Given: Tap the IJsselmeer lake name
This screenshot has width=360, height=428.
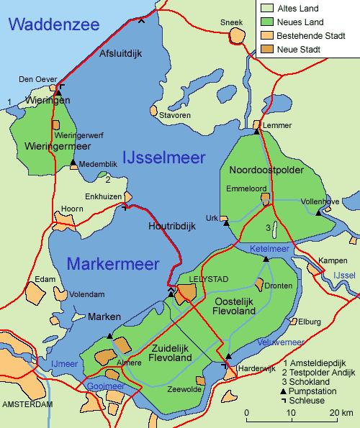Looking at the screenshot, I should tap(164, 158).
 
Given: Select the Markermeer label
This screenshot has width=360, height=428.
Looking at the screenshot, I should tap(113, 264).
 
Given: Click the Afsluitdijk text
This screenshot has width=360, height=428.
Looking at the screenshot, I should tap(122, 53).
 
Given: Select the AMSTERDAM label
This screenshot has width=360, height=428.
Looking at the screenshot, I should tap(28, 405).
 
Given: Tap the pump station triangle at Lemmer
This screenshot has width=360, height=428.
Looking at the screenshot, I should tap(256, 131).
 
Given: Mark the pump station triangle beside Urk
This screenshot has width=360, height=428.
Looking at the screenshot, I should tap(226, 224).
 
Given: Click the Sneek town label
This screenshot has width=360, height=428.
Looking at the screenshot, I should tap(231, 22).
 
